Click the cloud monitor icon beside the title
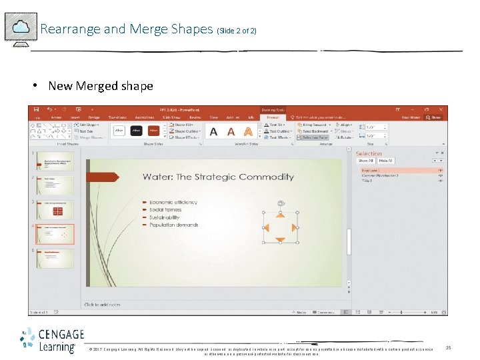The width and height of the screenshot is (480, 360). click(x=21, y=28)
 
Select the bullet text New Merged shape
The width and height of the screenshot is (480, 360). click(x=101, y=86)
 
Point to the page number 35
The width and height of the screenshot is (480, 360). click(x=448, y=347)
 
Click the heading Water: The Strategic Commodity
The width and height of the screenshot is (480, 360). click(x=218, y=177)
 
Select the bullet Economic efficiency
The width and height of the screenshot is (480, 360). click(x=173, y=202)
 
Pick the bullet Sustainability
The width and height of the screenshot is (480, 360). click(x=164, y=217)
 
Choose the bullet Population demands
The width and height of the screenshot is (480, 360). click(x=173, y=225)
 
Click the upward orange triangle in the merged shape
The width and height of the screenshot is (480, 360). click(x=281, y=216)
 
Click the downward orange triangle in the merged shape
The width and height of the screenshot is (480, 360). click(x=281, y=239)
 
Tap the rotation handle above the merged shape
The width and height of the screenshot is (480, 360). click(x=281, y=203)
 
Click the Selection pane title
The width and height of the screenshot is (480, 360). click(x=369, y=153)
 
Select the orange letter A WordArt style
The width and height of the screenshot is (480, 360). click(x=248, y=131)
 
